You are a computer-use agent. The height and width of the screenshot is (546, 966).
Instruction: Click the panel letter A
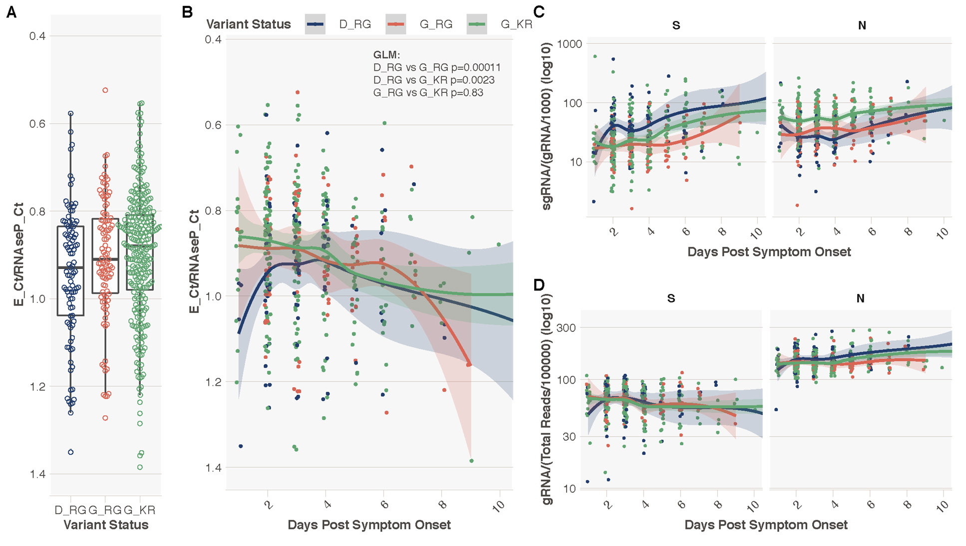coord(11,12)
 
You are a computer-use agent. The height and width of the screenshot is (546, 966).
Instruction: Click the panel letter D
coord(539,285)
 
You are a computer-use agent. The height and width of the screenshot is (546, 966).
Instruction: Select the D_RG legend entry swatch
coord(315,24)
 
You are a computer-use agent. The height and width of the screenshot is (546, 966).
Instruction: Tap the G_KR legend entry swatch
coord(476,24)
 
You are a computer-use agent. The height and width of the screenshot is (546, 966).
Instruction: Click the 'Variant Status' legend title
coord(248,24)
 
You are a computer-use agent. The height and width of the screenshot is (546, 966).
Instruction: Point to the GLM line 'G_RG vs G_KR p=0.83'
coord(428,93)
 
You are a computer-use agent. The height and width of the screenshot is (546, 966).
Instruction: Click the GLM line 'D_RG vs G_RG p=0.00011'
coord(436,67)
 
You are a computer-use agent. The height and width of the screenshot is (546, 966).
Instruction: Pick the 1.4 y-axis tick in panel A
coord(37,474)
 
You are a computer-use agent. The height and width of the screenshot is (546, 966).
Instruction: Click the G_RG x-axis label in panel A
coord(105,510)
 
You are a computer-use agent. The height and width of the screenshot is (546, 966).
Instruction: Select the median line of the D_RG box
coord(70,268)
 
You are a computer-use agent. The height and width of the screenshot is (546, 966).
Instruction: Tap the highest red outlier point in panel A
coord(105,90)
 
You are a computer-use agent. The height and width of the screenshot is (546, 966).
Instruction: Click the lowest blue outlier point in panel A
coord(71,452)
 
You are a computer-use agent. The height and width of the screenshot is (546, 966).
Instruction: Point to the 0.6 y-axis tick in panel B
coord(213,125)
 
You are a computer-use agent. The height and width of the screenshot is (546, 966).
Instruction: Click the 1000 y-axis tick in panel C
coord(570,44)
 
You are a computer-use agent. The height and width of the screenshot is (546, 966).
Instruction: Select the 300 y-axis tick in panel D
coord(566,328)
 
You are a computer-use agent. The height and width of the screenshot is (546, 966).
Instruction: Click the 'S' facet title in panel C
coord(676,25)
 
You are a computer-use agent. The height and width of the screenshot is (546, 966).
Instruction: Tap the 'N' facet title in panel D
coord(860,298)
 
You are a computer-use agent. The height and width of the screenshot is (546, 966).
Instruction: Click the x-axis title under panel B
coord(369,525)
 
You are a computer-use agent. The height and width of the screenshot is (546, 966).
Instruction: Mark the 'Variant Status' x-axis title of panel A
coord(106,525)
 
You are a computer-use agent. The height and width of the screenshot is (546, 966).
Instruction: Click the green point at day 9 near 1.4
coord(471,461)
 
